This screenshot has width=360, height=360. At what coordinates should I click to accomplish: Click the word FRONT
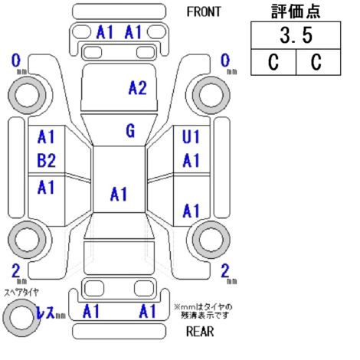click(204, 11)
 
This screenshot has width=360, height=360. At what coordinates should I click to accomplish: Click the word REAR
click(200, 332)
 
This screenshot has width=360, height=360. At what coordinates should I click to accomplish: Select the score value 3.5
click(296, 35)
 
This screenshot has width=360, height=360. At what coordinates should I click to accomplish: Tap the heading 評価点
click(296, 11)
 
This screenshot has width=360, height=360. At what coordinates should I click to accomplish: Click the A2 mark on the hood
click(138, 88)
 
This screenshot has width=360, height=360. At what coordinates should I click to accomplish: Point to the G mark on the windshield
click(130, 131)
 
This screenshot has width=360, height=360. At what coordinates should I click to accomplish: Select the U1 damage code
click(191, 136)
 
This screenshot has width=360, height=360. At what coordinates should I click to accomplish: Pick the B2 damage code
click(46, 160)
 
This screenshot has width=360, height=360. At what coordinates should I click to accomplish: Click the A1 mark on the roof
click(119, 194)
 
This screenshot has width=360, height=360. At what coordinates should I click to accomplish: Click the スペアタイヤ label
click(21, 292)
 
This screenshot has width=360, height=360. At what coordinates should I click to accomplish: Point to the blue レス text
click(45, 312)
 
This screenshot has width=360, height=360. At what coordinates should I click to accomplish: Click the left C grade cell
click(273, 62)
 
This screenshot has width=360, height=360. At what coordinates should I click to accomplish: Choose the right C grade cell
click(319, 62)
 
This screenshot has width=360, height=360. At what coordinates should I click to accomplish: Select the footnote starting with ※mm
click(204, 311)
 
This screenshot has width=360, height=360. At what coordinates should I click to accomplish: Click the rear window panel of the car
click(119, 257)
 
